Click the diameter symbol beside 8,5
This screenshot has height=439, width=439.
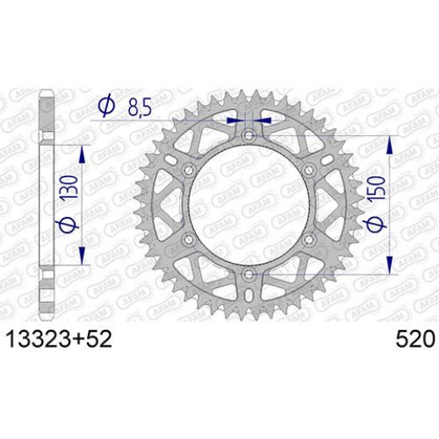[x=106, y=106]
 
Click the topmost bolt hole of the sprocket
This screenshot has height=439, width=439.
[x=249, y=136]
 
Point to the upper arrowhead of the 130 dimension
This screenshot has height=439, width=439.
[x=82, y=150]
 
